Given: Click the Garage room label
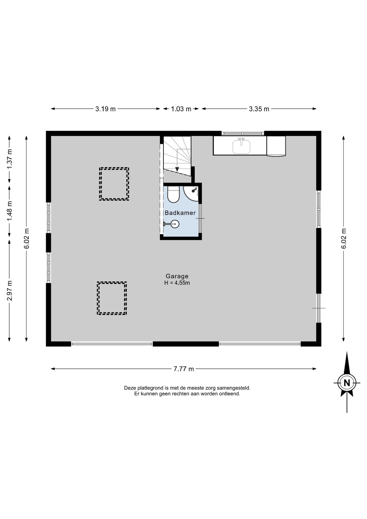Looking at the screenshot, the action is (177, 276).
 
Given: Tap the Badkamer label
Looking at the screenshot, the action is (180, 213).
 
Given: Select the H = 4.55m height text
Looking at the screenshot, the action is (177, 283).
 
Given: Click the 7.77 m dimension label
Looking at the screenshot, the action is (184, 369).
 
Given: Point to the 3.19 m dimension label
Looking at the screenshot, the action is (105, 109).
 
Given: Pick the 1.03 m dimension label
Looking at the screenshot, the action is (181, 109).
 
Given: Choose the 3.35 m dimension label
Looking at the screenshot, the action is (259, 109).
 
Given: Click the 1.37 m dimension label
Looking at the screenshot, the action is (10, 159).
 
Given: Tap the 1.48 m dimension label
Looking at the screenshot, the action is (10, 211).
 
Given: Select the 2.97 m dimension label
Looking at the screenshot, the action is (10, 291).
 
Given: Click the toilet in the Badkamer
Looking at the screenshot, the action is (173, 194).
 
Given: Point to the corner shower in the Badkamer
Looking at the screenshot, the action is (192, 193).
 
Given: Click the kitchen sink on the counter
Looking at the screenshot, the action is (241, 146).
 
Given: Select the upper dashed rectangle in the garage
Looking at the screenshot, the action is (114, 184).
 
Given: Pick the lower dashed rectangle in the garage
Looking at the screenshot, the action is (112, 298).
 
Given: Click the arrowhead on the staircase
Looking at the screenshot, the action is (177, 169).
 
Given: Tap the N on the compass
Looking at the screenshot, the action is (347, 383).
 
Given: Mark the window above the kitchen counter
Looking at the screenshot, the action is (243, 133).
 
